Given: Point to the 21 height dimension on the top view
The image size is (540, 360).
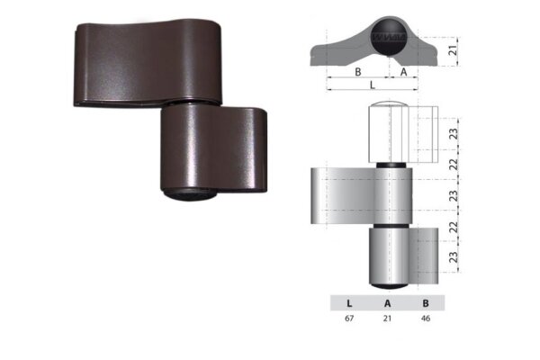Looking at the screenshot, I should pos(454,50).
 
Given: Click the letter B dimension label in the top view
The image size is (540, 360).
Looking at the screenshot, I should pos(357,71).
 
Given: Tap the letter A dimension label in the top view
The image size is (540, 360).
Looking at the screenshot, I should pos(402,71).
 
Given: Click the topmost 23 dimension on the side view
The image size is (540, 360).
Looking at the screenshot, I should pos(454,132).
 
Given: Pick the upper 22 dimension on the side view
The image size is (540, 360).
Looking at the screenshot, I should pos(454,163).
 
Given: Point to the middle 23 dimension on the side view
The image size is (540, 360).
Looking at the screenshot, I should pos(454,193).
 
